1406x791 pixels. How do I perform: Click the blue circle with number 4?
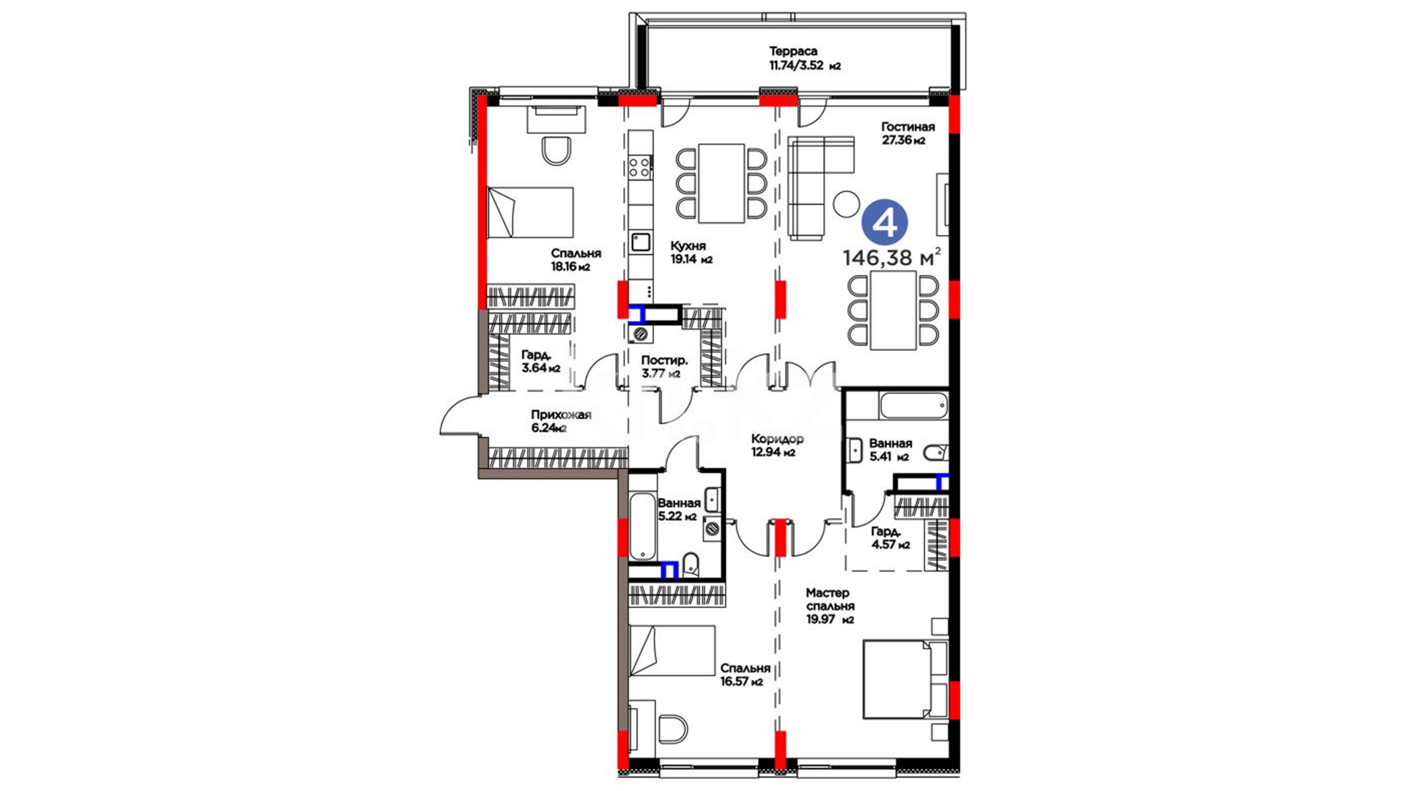(x=885, y=223)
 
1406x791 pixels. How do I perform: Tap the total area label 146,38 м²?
(x=891, y=258)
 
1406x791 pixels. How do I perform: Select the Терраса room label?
(x=793, y=51)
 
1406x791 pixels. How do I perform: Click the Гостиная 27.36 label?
(x=907, y=133)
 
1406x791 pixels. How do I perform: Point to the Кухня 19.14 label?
(x=691, y=253)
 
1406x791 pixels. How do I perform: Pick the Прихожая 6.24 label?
(x=561, y=421)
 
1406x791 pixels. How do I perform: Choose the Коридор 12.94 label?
(x=777, y=445)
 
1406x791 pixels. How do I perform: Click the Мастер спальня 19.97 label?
(x=830, y=606)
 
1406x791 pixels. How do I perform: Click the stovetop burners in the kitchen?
(x=640, y=166)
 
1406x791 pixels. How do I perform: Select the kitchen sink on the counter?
(x=641, y=242)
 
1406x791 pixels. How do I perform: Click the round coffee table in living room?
(x=847, y=204)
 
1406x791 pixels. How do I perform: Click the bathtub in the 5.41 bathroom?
(x=914, y=406)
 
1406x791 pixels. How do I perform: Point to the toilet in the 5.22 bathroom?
(x=690, y=565)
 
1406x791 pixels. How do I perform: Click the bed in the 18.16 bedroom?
(x=530, y=212)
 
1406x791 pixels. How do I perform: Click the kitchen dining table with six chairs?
(x=721, y=183)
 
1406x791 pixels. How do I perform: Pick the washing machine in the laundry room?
(x=641, y=334)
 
